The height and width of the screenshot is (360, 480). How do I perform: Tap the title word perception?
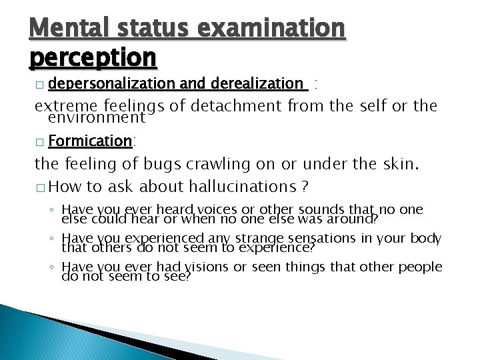point(93,58)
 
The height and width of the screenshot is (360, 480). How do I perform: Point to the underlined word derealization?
point(257,83)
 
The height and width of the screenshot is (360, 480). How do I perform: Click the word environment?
point(96,118)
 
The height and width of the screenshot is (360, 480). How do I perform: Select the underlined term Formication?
point(90,141)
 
